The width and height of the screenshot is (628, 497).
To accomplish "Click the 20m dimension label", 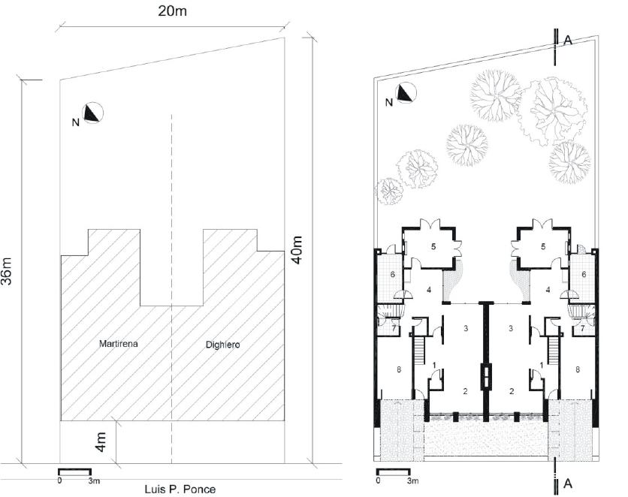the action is pyautogui.click(x=172, y=11).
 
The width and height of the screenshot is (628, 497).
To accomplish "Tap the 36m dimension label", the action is pyautogui.click(x=7, y=270).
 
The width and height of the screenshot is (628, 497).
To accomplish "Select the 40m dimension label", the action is pyautogui.click(x=297, y=250).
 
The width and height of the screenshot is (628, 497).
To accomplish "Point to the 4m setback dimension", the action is pyautogui.click(x=101, y=441).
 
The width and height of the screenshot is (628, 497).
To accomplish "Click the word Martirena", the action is pyautogui.click(x=119, y=344).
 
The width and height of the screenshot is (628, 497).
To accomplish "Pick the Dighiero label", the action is pyautogui.click(x=222, y=345).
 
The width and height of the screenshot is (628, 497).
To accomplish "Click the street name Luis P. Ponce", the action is pyautogui.click(x=180, y=489).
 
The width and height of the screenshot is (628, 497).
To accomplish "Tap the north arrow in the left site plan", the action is pyautogui.click(x=93, y=113).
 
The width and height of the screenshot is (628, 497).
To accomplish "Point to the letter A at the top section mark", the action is pyautogui.click(x=567, y=41).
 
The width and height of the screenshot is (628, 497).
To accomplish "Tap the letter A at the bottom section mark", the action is pyautogui.click(x=567, y=483).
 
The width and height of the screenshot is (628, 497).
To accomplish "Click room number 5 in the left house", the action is pyautogui.click(x=433, y=246).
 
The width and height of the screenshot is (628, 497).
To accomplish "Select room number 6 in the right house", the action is pyautogui.click(x=584, y=275).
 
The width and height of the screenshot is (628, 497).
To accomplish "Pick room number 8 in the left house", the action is pyautogui.click(x=398, y=370).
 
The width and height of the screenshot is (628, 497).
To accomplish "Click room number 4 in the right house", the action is pyautogui.click(x=548, y=290).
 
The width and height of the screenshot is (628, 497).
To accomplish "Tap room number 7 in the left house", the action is pyautogui.click(x=394, y=329).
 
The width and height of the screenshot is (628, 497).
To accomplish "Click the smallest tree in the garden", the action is pyautogui.click(x=390, y=191).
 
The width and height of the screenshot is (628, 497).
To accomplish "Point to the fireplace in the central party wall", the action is pyautogui.click(x=486, y=377).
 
